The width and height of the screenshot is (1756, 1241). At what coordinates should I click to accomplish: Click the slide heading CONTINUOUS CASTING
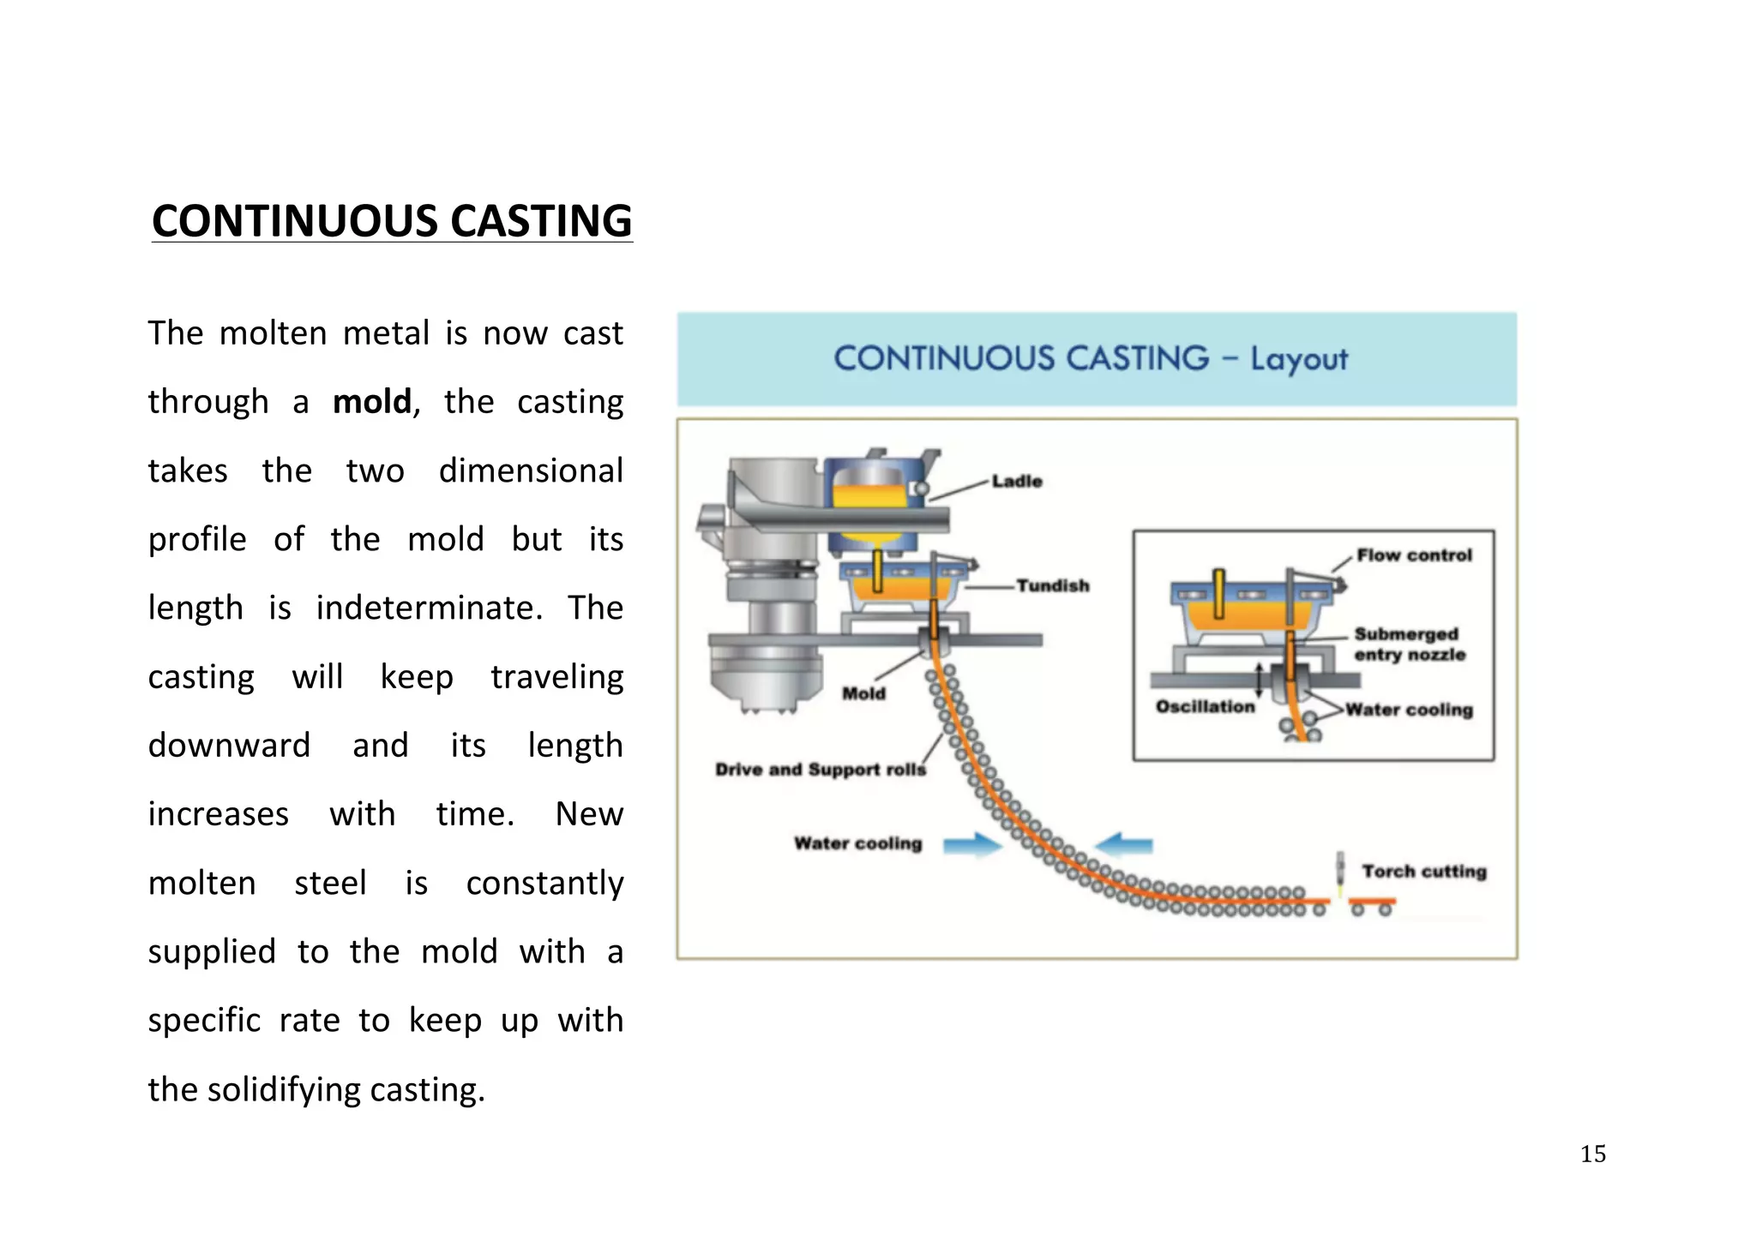(x=392, y=221)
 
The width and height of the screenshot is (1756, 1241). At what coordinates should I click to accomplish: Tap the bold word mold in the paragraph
(x=372, y=402)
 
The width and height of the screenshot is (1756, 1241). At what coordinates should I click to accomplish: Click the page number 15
(x=1592, y=1154)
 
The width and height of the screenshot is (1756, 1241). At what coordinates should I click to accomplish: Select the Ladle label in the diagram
(x=1017, y=482)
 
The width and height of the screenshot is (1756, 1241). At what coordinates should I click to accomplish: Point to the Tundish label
(x=1053, y=586)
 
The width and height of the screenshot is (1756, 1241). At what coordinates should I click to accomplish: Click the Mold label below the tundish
(x=863, y=693)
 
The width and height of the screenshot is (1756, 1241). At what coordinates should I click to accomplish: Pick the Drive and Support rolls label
(x=821, y=770)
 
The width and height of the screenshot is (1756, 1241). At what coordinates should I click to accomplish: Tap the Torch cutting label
(x=1424, y=872)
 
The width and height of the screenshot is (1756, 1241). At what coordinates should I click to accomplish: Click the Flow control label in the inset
(x=1414, y=555)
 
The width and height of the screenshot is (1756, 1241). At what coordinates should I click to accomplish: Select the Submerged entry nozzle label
(x=1409, y=644)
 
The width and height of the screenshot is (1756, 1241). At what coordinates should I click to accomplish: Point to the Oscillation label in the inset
(x=1205, y=707)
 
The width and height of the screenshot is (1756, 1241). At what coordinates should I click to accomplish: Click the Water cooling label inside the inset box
(x=1409, y=710)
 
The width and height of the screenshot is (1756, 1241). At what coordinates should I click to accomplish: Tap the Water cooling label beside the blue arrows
(x=857, y=843)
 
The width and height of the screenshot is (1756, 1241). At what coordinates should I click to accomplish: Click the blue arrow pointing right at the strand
(x=971, y=845)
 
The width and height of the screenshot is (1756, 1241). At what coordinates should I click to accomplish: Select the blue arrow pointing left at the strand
(x=1125, y=845)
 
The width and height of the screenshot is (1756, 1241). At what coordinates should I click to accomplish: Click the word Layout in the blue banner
(x=1298, y=359)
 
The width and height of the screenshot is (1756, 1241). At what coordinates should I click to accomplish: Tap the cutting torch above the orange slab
(x=1340, y=870)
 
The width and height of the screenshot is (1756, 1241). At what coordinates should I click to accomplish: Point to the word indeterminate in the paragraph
(x=429, y=609)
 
